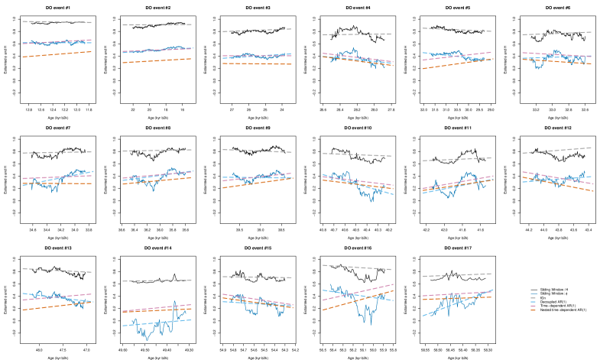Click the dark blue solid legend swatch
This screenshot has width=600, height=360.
(x=534, y=294)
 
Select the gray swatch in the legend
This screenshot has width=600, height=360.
(x=534, y=297)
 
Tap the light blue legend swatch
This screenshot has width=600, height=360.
(x=534, y=302)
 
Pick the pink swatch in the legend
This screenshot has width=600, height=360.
(x=534, y=306)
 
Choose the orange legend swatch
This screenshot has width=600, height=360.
(x=534, y=310)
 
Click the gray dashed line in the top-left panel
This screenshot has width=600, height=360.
(x=57, y=22)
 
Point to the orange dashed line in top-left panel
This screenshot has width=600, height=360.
(x=57, y=54)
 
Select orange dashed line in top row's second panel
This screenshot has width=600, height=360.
(x=157, y=60)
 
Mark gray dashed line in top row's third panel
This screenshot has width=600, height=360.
(x=257, y=31)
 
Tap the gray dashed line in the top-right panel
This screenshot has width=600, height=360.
(x=557, y=34)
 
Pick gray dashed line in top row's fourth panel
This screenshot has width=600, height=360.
(x=357, y=34)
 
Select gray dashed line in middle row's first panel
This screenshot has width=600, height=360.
(x=57, y=152)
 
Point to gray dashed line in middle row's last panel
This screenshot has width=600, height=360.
(x=557, y=151)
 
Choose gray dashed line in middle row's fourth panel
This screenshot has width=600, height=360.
(x=357, y=154)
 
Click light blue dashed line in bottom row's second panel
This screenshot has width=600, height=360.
(x=157, y=323)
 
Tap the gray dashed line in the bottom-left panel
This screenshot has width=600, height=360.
(x=57, y=270)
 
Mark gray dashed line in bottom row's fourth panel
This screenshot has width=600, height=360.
(x=357, y=268)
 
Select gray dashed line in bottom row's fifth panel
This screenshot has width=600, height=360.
(x=457, y=275)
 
